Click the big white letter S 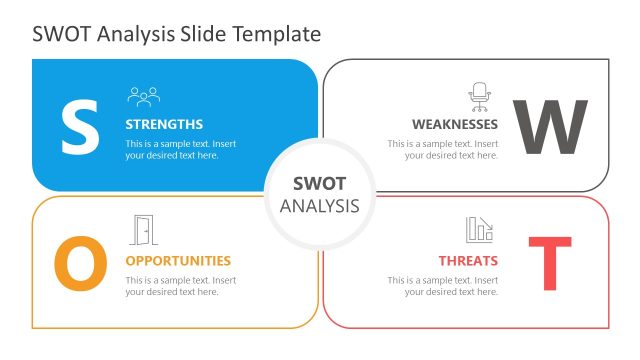pyautogui.click(x=80, y=125)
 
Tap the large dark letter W pyautogui.click(x=550, y=128)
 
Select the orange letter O pyautogui.click(x=80, y=264)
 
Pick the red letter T pyautogui.click(x=549, y=264)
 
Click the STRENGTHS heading pyautogui.click(x=164, y=125)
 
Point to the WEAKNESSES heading pyautogui.click(x=455, y=125)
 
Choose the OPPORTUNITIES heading pyautogui.click(x=178, y=261)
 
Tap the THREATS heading pyautogui.click(x=468, y=261)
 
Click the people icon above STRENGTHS pyautogui.click(x=144, y=97)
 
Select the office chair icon pyautogui.click(x=480, y=96)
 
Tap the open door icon pyautogui.click(x=144, y=230)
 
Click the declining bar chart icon pyautogui.click(x=479, y=230)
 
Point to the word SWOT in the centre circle pyautogui.click(x=320, y=184)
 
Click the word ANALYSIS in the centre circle pyautogui.click(x=320, y=206)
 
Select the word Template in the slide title pyautogui.click(x=277, y=34)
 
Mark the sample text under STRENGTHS pyautogui.click(x=181, y=150)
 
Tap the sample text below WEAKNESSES pyautogui.click(x=443, y=150)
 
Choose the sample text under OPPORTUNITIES pyautogui.click(x=181, y=286)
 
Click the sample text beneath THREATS pyautogui.click(x=443, y=286)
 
